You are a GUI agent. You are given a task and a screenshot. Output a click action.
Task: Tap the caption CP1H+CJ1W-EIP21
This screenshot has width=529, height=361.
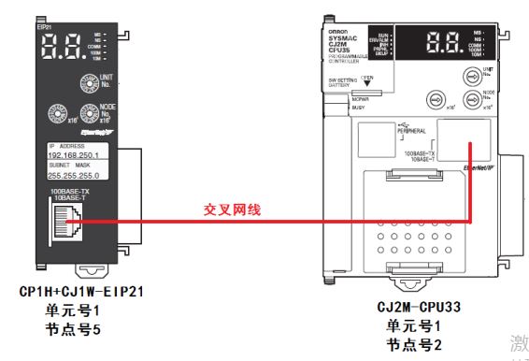point(80,292)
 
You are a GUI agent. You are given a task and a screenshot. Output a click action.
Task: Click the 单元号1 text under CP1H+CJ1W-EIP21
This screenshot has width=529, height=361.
point(71,310)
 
